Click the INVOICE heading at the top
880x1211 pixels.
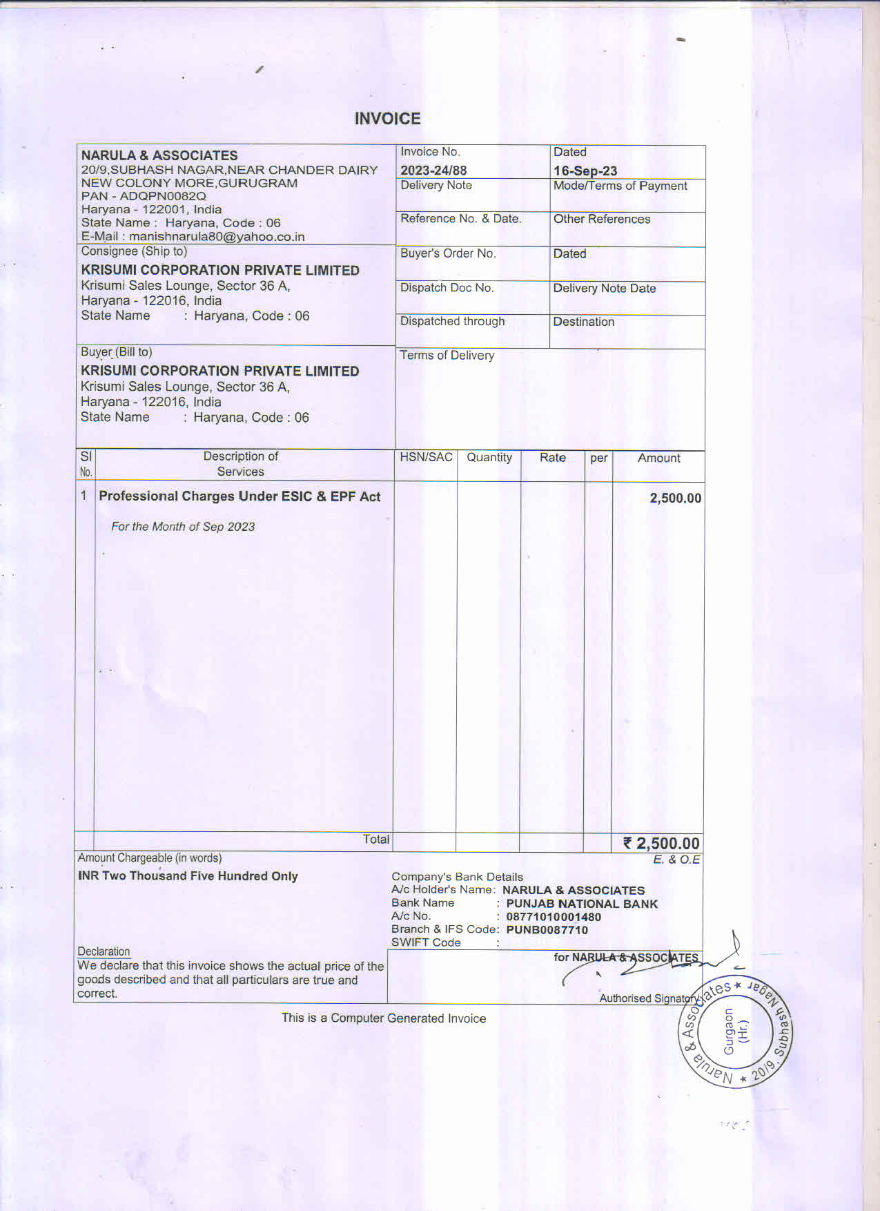387,119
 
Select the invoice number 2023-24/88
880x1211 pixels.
433,171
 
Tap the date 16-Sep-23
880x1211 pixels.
585,171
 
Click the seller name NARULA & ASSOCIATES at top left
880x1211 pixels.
159,155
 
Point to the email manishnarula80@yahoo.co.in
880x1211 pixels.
217,237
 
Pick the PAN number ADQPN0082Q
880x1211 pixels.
163,196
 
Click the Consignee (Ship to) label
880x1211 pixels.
134,251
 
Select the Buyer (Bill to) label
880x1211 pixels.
117,352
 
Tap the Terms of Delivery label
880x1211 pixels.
447,356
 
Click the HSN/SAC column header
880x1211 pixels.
426,457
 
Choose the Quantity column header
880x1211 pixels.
489,457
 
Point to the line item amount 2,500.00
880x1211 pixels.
675,498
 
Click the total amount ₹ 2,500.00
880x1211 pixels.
661,843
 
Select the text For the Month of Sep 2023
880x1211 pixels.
183,527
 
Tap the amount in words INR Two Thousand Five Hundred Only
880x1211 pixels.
188,876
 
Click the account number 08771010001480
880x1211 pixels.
554,917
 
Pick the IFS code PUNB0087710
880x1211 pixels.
547,930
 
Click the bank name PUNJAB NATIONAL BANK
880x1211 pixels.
582,904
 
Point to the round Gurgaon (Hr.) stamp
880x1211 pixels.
735,1032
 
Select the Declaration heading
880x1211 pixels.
104,951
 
